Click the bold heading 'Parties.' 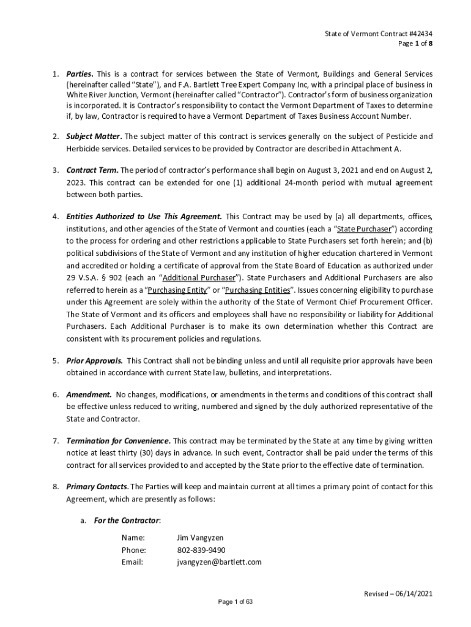coord(80,73)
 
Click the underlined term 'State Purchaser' coord(364,229)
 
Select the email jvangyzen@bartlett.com coord(219,561)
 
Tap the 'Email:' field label coord(132,561)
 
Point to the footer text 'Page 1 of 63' coord(236,602)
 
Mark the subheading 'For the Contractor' coord(127,520)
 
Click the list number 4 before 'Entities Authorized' coord(54,216)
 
